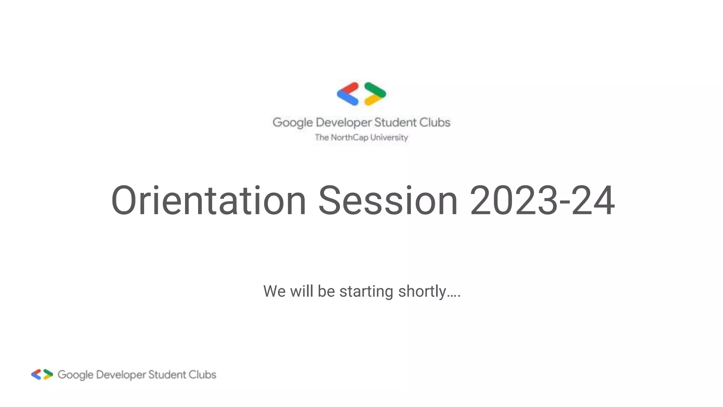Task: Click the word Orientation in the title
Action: tap(208, 200)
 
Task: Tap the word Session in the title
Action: tap(388, 200)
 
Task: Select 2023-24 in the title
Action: tap(542, 200)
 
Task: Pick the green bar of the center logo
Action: tap(375, 89)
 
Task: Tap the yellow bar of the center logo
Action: tap(374, 99)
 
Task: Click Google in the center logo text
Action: tap(293, 123)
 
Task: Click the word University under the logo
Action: tap(389, 137)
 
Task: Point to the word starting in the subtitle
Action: tap(366, 291)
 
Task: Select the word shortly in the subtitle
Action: tap(422, 291)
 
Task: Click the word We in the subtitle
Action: tap(274, 291)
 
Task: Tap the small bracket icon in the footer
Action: tap(42, 374)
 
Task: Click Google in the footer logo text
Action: tap(76, 375)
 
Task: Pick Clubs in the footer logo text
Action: tap(202, 374)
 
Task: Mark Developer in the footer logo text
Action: tap(121, 375)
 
